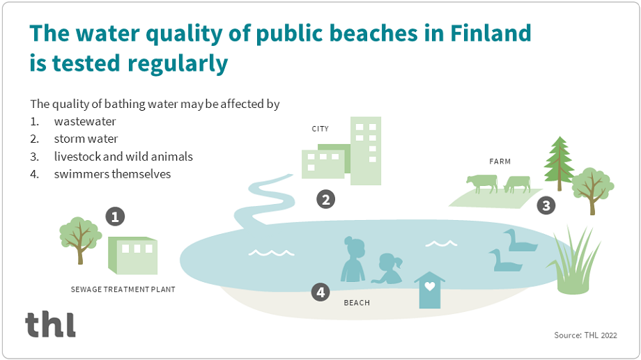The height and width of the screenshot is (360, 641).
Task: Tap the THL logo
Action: pyautogui.click(x=50, y=324)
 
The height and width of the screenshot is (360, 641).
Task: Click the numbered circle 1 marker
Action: pyautogui.click(x=116, y=217)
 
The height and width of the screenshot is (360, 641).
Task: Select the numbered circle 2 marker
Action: pyautogui.click(x=325, y=200)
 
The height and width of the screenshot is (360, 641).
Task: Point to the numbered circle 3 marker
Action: pyautogui.click(x=546, y=205)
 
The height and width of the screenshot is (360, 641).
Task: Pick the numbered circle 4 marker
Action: pyautogui.click(x=320, y=292)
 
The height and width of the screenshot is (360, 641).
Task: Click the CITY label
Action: pyautogui.click(x=320, y=129)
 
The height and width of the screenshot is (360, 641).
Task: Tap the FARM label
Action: pyautogui.click(x=500, y=162)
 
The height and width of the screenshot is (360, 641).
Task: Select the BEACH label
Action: pyautogui.click(x=357, y=303)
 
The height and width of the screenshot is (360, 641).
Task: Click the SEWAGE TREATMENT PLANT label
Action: pyautogui.click(x=123, y=289)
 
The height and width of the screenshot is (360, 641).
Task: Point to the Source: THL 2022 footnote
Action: pyautogui.click(x=585, y=336)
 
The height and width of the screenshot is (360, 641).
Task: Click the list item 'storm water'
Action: pyautogui.click(x=86, y=139)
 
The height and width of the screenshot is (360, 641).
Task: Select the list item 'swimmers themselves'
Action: pyautogui.click(x=112, y=174)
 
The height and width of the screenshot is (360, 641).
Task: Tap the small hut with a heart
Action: pyautogui.click(x=429, y=290)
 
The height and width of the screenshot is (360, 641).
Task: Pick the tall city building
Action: pyautogui.click(x=366, y=150)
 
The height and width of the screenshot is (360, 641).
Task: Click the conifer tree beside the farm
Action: pyautogui.click(x=558, y=163)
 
